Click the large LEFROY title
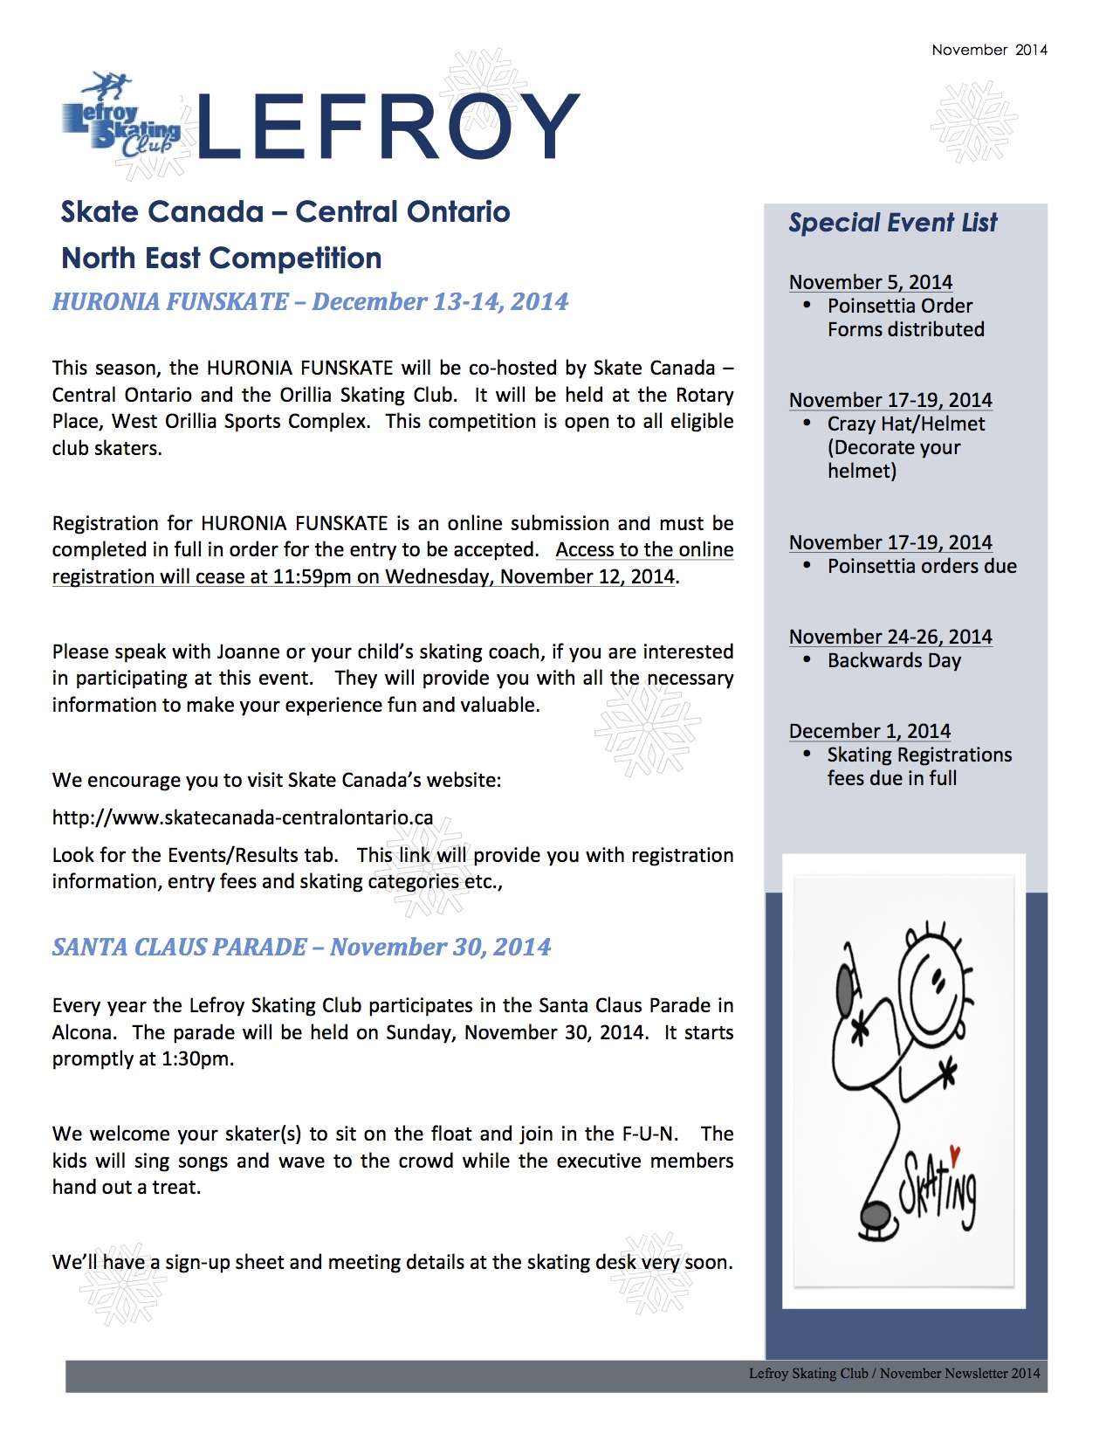pos(388,128)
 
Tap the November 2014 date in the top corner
pos(989,50)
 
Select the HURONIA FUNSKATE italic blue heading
pos(310,302)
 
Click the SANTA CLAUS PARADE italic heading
pos(301,948)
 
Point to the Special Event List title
pos(892,223)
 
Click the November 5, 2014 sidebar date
pos(870,282)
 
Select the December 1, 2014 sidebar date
pos(869,731)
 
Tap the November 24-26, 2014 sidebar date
pos(890,637)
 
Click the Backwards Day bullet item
pos(894,661)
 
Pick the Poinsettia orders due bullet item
pos(922,567)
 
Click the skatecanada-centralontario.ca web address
pos(243,818)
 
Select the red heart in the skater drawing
pos(954,1155)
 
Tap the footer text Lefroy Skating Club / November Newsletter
pos(894,1374)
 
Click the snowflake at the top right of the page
pos(973,122)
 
